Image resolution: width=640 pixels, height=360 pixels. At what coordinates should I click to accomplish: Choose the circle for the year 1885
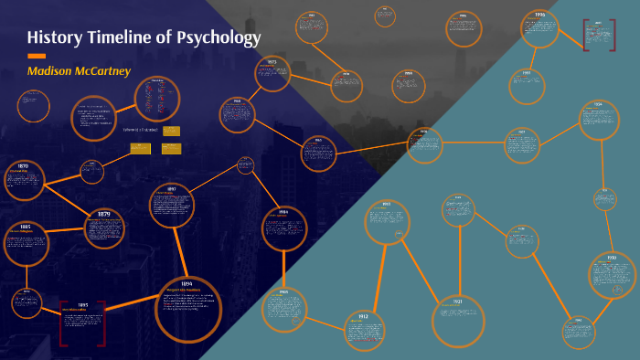[x=27, y=242]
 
